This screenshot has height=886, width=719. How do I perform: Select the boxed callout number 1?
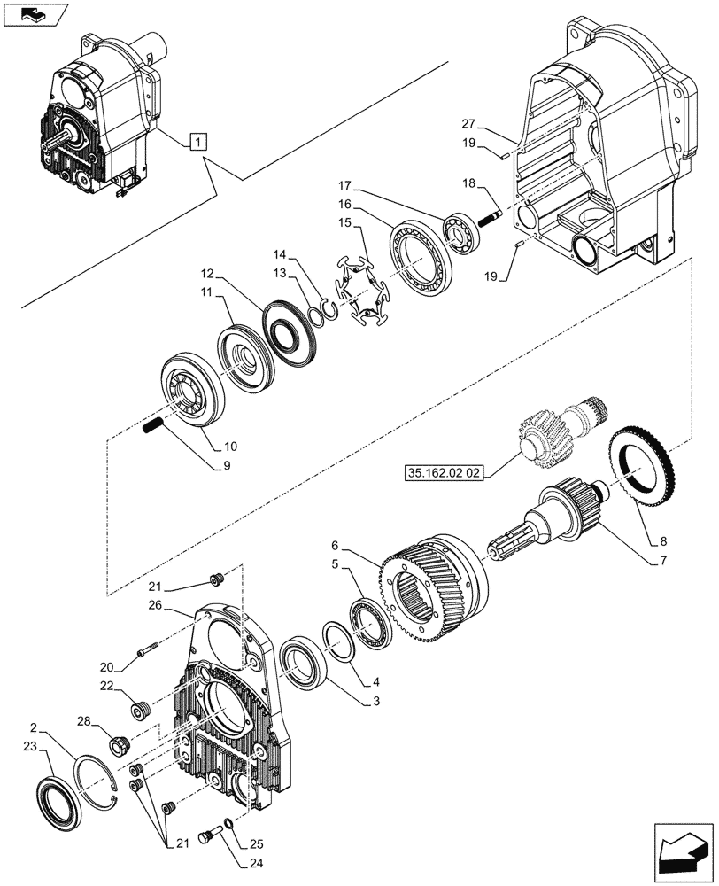(198, 142)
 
